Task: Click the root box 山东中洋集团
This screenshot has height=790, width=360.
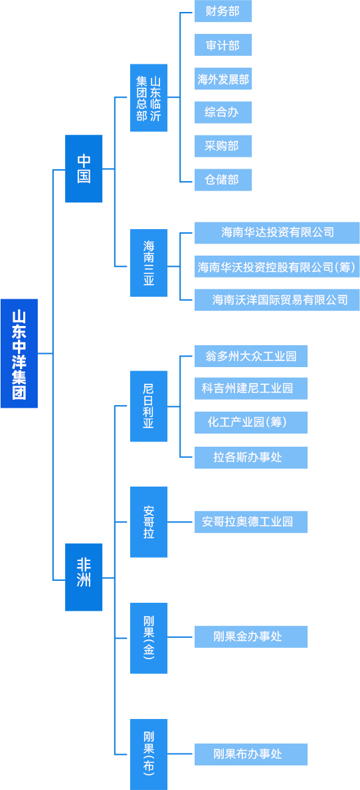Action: (x=19, y=353)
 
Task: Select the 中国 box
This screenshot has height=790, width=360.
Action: (x=84, y=169)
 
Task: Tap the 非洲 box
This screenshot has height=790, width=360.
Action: (x=84, y=577)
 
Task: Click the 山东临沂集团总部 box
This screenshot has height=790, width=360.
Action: (x=149, y=98)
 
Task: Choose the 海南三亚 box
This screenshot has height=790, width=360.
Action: (x=149, y=263)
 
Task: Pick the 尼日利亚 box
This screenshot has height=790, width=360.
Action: (x=149, y=406)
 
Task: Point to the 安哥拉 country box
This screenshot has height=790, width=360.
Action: (x=149, y=522)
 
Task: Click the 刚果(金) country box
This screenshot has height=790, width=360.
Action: (x=149, y=638)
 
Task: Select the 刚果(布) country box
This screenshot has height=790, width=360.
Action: (x=149, y=754)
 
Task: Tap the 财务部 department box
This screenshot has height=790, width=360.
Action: (x=223, y=11)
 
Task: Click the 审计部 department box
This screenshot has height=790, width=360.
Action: (x=223, y=45)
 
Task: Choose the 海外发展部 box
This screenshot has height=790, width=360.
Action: (x=223, y=78)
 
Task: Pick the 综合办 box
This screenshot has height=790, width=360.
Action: (x=223, y=112)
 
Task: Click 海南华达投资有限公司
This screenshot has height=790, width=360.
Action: (x=278, y=232)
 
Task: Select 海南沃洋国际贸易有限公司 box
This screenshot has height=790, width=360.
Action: (x=278, y=300)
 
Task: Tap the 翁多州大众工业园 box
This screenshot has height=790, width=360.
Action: (x=251, y=356)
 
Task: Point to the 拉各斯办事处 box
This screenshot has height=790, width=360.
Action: (x=251, y=457)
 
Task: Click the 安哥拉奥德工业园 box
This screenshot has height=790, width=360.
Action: (x=251, y=522)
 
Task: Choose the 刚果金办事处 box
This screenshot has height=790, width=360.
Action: (x=251, y=637)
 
